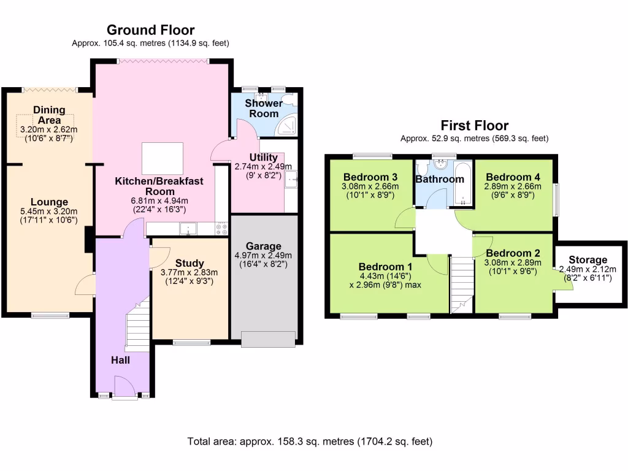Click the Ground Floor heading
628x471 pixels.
151,30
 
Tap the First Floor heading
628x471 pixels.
475,125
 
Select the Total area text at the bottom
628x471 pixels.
310,442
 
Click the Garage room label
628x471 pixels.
264,246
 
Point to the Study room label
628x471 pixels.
190,263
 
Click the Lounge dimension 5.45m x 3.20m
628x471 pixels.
49,211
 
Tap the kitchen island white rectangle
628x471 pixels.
162,158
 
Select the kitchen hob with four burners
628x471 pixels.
222,229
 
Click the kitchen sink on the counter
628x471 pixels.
188,229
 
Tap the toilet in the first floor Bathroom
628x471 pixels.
422,168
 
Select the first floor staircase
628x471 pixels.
462,285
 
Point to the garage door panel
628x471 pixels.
269,339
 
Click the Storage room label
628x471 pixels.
588,260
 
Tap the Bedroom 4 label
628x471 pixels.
513,177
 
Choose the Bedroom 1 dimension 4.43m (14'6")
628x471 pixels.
385,276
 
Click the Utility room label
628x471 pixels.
263,158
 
